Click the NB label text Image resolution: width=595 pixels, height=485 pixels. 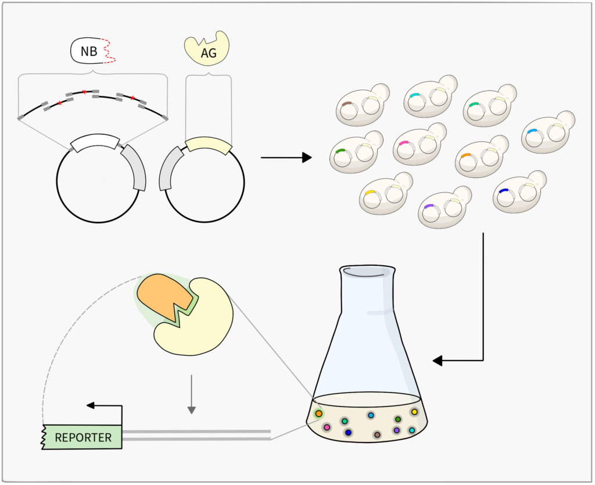89,52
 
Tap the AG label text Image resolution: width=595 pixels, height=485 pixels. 208,53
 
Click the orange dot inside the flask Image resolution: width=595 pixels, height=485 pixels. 318,413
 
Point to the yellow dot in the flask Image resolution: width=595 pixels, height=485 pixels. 414,412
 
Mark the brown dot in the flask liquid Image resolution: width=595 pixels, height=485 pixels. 377,434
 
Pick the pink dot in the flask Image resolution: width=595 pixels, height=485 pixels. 327,427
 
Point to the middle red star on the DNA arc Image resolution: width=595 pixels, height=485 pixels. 84,92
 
